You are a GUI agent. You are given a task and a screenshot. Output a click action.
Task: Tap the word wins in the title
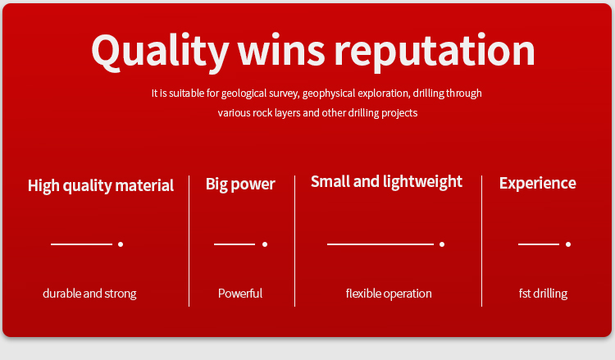tap(281, 50)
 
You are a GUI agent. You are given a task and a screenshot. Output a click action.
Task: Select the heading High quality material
tap(101, 185)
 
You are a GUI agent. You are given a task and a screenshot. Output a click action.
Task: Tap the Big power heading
tap(240, 184)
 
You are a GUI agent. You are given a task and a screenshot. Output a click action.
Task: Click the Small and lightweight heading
tap(387, 181)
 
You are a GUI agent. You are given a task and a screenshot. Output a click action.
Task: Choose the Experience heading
tap(538, 183)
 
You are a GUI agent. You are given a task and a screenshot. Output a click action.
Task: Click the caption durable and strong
tap(89, 294)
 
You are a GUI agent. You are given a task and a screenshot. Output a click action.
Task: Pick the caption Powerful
tap(240, 294)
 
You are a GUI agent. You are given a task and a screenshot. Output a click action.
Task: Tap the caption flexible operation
tap(389, 294)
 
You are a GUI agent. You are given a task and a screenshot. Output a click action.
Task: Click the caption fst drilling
tap(543, 294)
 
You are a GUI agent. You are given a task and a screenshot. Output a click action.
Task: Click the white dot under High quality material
tap(121, 244)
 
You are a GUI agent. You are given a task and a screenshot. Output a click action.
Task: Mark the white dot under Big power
tap(265, 244)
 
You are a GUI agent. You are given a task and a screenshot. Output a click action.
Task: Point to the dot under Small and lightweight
tap(442, 244)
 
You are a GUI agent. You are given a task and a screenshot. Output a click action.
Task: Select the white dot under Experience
tap(568, 244)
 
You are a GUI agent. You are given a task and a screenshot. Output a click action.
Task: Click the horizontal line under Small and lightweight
tap(380, 244)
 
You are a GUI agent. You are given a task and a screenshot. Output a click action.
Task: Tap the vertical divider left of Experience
tap(481, 241)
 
